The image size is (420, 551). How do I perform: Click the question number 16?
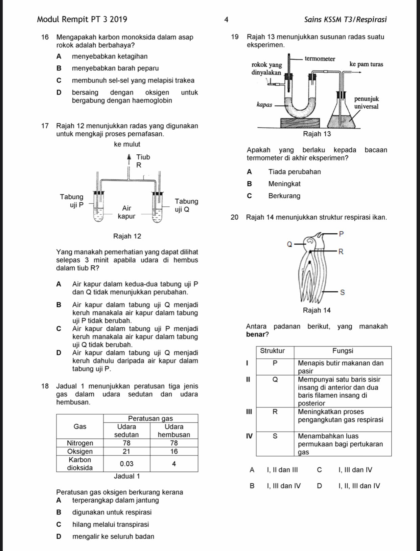pyautogui.click(x=45, y=37)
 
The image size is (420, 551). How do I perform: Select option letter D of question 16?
pyautogui.click(x=59, y=92)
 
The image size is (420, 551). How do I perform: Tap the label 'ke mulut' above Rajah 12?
pyautogui.click(x=127, y=144)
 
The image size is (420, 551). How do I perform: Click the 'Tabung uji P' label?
pyautogui.click(x=71, y=201)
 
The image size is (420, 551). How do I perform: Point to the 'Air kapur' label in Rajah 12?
pyautogui.click(x=126, y=212)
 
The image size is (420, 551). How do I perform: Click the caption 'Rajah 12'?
pyautogui.click(x=127, y=236)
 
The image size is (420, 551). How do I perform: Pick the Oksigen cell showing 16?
pyautogui.click(x=174, y=451)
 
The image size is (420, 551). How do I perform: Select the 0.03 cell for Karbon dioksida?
pyautogui.click(x=126, y=464)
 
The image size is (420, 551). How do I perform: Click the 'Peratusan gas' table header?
pyautogui.click(x=150, y=418)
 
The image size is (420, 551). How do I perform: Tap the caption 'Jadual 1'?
pyautogui.click(x=127, y=476)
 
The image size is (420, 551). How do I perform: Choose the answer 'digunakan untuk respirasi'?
pyautogui.click(x=112, y=512)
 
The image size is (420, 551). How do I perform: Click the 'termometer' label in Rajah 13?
pyautogui.click(x=320, y=59)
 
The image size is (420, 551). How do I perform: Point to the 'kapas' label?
pyautogui.click(x=264, y=104)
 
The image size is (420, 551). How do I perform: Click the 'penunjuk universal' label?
pyautogui.click(x=366, y=103)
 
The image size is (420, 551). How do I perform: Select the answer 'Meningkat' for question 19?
pyautogui.click(x=284, y=184)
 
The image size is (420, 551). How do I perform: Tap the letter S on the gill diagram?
pyautogui.click(x=342, y=292)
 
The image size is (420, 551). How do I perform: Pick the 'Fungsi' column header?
pyautogui.click(x=343, y=351)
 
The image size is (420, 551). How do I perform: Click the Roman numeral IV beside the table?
pyautogui.click(x=249, y=436)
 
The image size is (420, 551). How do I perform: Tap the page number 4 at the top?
pyautogui.click(x=226, y=20)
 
